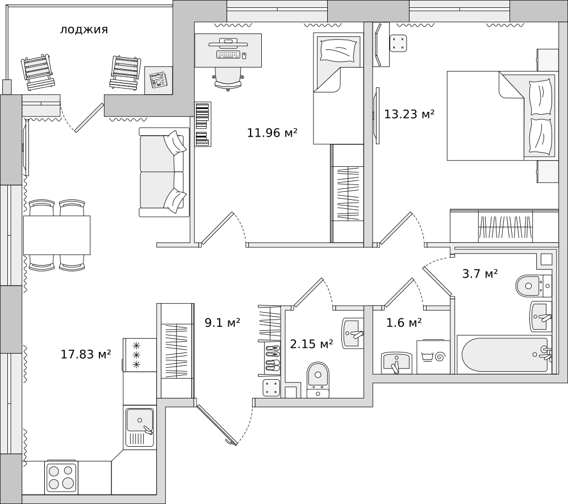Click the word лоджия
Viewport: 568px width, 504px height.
[x=84, y=30]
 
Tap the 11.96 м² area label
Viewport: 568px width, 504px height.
[x=272, y=133]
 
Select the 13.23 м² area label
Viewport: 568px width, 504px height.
[x=410, y=115]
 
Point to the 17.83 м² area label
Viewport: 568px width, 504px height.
[x=86, y=354]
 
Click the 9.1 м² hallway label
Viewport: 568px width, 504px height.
[x=223, y=322]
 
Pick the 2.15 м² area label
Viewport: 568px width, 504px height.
[x=311, y=343]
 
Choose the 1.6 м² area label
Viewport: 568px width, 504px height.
[x=404, y=322]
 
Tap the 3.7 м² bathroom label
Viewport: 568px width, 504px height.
[x=480, y=274]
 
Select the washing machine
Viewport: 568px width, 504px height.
[x=433, y=356]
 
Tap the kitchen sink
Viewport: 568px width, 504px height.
[x=140, y=427]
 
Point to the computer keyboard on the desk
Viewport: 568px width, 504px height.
[x=228, y=54]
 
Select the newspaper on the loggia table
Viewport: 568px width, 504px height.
[x=158, y=80]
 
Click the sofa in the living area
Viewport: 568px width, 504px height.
[x=165, y=172]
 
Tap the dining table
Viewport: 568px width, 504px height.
[x=57, y=236]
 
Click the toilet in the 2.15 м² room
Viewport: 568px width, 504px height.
[x=318, y=380]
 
